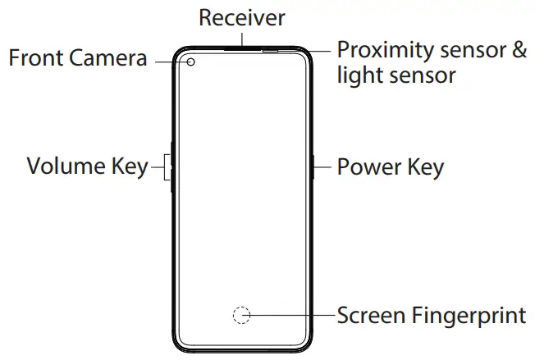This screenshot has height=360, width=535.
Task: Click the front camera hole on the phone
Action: click(x=190, y=62)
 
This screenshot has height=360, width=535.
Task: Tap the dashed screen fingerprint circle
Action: click(x=240, y=315)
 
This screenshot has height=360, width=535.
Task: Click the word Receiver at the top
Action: click(x=241, y=17)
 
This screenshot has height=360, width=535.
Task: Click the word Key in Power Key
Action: click(x=425, y=167)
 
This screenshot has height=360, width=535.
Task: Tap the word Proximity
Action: click(x=385, y=50)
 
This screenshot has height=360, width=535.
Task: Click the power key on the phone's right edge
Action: click(x=314, y=167)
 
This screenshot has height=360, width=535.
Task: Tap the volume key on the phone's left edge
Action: click(x=171, y=167)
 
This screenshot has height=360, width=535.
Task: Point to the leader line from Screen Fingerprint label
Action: click(x=291, y=315)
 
